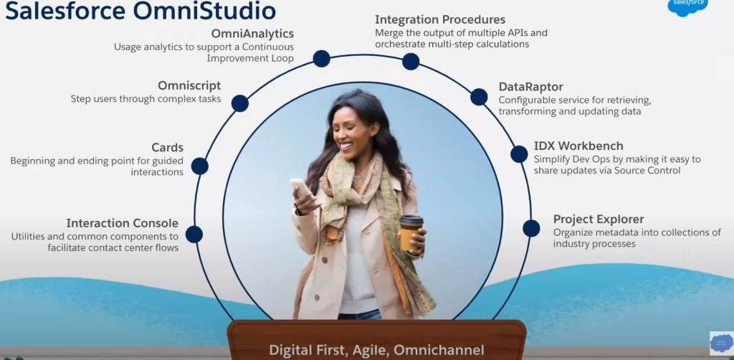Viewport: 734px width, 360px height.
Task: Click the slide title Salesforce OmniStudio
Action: [140, 11]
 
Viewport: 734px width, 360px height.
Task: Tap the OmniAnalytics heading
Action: [252, 34]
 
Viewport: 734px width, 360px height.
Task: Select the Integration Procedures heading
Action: [440, 19]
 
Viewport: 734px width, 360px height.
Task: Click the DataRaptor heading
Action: [530, 87]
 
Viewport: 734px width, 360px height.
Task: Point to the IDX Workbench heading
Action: [578, 146]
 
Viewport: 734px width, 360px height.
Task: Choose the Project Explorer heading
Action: [599, 219]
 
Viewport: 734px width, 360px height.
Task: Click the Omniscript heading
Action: [189, 85]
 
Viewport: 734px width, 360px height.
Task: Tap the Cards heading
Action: [167, 147]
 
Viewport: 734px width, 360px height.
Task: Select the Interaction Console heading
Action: [122, 223]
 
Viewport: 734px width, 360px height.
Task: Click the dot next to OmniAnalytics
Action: [321, 59]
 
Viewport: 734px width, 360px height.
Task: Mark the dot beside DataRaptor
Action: [479, 97]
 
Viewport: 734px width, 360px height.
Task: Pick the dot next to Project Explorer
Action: [531, 228]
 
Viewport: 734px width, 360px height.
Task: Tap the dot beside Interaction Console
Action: [194, 235]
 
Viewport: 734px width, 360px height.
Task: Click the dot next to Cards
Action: [199, 166]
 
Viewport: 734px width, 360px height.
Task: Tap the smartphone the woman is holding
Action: [301, 189]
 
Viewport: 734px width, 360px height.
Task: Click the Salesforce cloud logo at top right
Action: [687, 6]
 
